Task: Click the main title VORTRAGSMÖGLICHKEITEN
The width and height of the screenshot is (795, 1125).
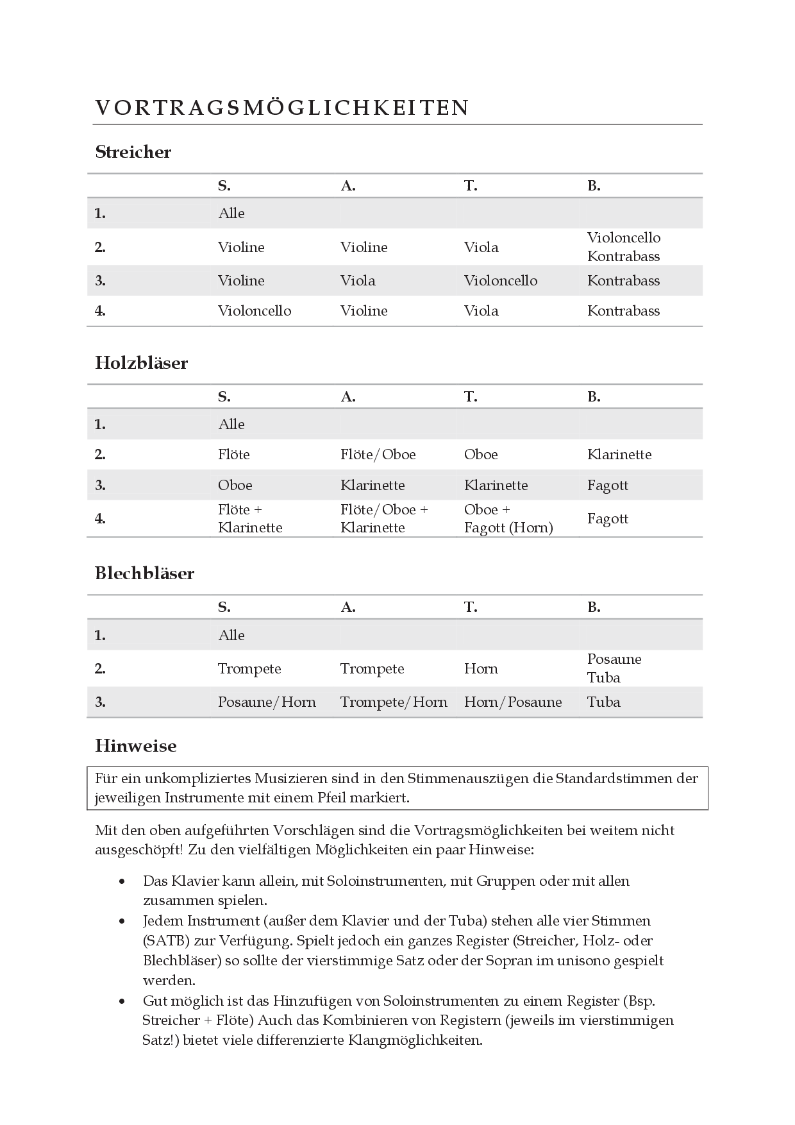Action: coord(282,108)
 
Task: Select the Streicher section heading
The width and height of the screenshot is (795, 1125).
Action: coord(133,152)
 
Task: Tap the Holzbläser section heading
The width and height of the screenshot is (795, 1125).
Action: coord(142,363)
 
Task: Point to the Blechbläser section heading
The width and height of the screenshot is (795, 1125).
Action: coord(145,573)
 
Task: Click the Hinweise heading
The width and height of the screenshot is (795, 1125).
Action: coord(136,746)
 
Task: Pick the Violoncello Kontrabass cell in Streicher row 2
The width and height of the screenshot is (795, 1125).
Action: coord(623,247)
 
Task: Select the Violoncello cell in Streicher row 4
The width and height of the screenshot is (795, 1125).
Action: coord(255,311)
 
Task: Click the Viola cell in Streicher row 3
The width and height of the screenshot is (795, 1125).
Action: coord(358,281)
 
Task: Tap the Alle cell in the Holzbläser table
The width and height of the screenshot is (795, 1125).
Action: coord(231,425)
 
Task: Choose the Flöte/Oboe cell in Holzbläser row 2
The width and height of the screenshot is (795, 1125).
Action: coord(378,455)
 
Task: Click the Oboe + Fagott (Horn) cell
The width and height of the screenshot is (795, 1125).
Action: coord(508,518)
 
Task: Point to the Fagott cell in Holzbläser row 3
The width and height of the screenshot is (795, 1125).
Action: coord(608,486)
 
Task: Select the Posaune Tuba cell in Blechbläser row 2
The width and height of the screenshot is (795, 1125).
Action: coord(614,668)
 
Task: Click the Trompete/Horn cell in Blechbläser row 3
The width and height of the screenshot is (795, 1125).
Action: coord(394,702)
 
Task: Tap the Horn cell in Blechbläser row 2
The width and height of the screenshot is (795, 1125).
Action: coord(481,669)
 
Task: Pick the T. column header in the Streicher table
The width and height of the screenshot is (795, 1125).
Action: coord(471,186)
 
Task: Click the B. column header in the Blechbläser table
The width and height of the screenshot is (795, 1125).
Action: coord(594,607)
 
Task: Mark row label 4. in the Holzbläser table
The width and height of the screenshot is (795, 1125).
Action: coord(100,518)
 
